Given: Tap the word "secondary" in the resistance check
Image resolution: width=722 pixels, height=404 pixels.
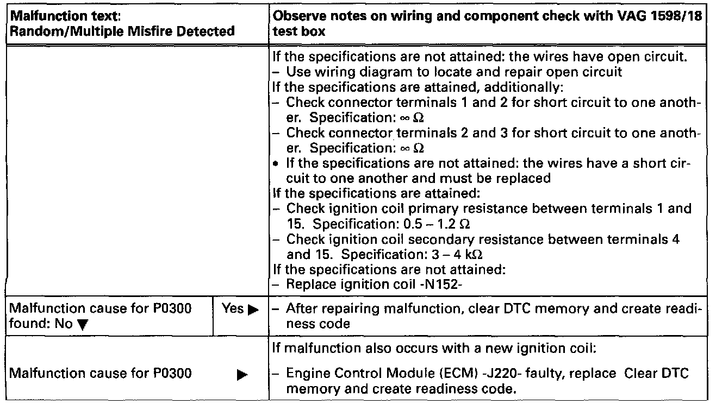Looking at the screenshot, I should coord(422,239).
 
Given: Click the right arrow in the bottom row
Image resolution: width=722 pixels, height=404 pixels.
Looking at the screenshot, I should coord(242,374).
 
